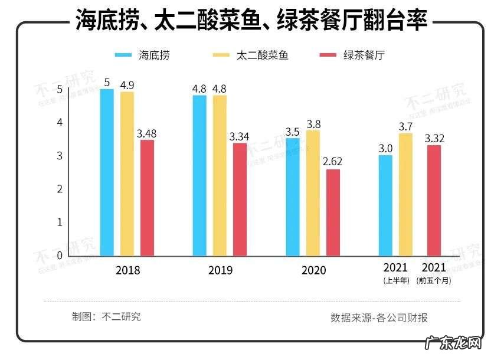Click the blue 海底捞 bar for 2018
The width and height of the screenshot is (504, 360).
(107, 172)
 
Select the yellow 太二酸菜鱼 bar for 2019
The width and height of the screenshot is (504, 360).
(220, 175)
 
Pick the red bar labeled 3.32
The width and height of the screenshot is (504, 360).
(434, 200)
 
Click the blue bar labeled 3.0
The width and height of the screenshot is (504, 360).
(385, 205)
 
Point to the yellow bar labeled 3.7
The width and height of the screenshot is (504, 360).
(405, 194)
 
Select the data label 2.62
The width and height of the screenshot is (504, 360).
(333, 161)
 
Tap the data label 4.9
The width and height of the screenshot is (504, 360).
(127, 84)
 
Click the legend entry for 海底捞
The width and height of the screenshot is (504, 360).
(142, 55)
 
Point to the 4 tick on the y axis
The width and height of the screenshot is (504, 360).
(58, 123)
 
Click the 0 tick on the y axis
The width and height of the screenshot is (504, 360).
(58, 256)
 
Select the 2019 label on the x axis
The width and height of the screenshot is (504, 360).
(220, 270)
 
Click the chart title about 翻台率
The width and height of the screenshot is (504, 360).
(252, 22)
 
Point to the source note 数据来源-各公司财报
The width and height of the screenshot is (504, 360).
(379, 318)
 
